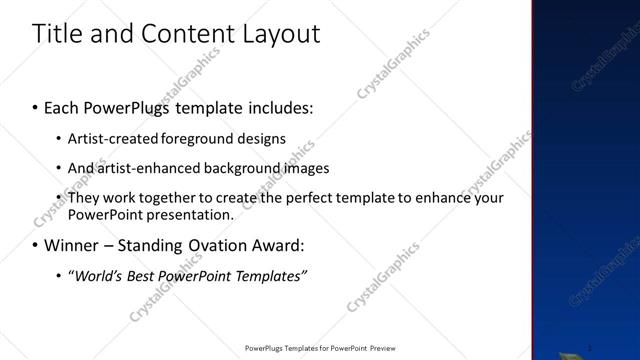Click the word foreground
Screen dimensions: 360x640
pyautogui.click(x=195, y=138)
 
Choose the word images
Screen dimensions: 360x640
pyautogui.click(x=307, y=168)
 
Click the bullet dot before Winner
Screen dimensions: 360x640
pyautogui.click(x=36, y=246)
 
